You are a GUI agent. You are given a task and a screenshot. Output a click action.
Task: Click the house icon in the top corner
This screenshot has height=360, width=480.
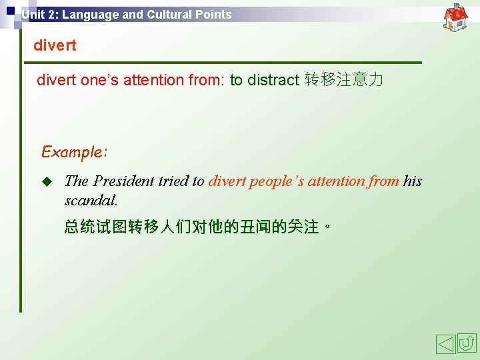[x=456, y=17]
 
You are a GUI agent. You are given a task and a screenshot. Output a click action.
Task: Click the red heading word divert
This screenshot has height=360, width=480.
[x=55, y=46]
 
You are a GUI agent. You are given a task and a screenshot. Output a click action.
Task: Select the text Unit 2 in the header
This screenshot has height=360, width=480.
[x=39, y=15]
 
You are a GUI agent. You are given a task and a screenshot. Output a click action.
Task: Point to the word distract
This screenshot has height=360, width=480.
[x=273, y=81]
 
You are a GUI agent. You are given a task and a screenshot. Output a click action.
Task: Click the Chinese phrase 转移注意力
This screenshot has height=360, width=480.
[x=344, y=81]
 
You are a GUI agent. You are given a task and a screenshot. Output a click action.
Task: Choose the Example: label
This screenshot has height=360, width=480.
[x=74, y=152]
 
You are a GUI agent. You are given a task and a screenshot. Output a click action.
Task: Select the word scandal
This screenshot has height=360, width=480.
[x=91, y=200]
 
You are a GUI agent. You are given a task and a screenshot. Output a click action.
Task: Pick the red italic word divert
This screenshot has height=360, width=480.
[x=227, y=181]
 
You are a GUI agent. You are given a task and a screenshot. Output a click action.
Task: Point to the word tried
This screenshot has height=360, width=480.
[x=172, y=181]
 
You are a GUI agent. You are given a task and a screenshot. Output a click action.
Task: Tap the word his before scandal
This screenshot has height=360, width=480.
[x=413, y=181]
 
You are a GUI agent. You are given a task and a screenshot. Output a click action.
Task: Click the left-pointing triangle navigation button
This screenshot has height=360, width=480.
[x=445, y=344]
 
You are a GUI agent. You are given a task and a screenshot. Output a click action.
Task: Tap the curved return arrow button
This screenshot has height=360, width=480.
[x=467, y=344]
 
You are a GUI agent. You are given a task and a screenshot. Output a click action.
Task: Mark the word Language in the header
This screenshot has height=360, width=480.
[x=89, y=15]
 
